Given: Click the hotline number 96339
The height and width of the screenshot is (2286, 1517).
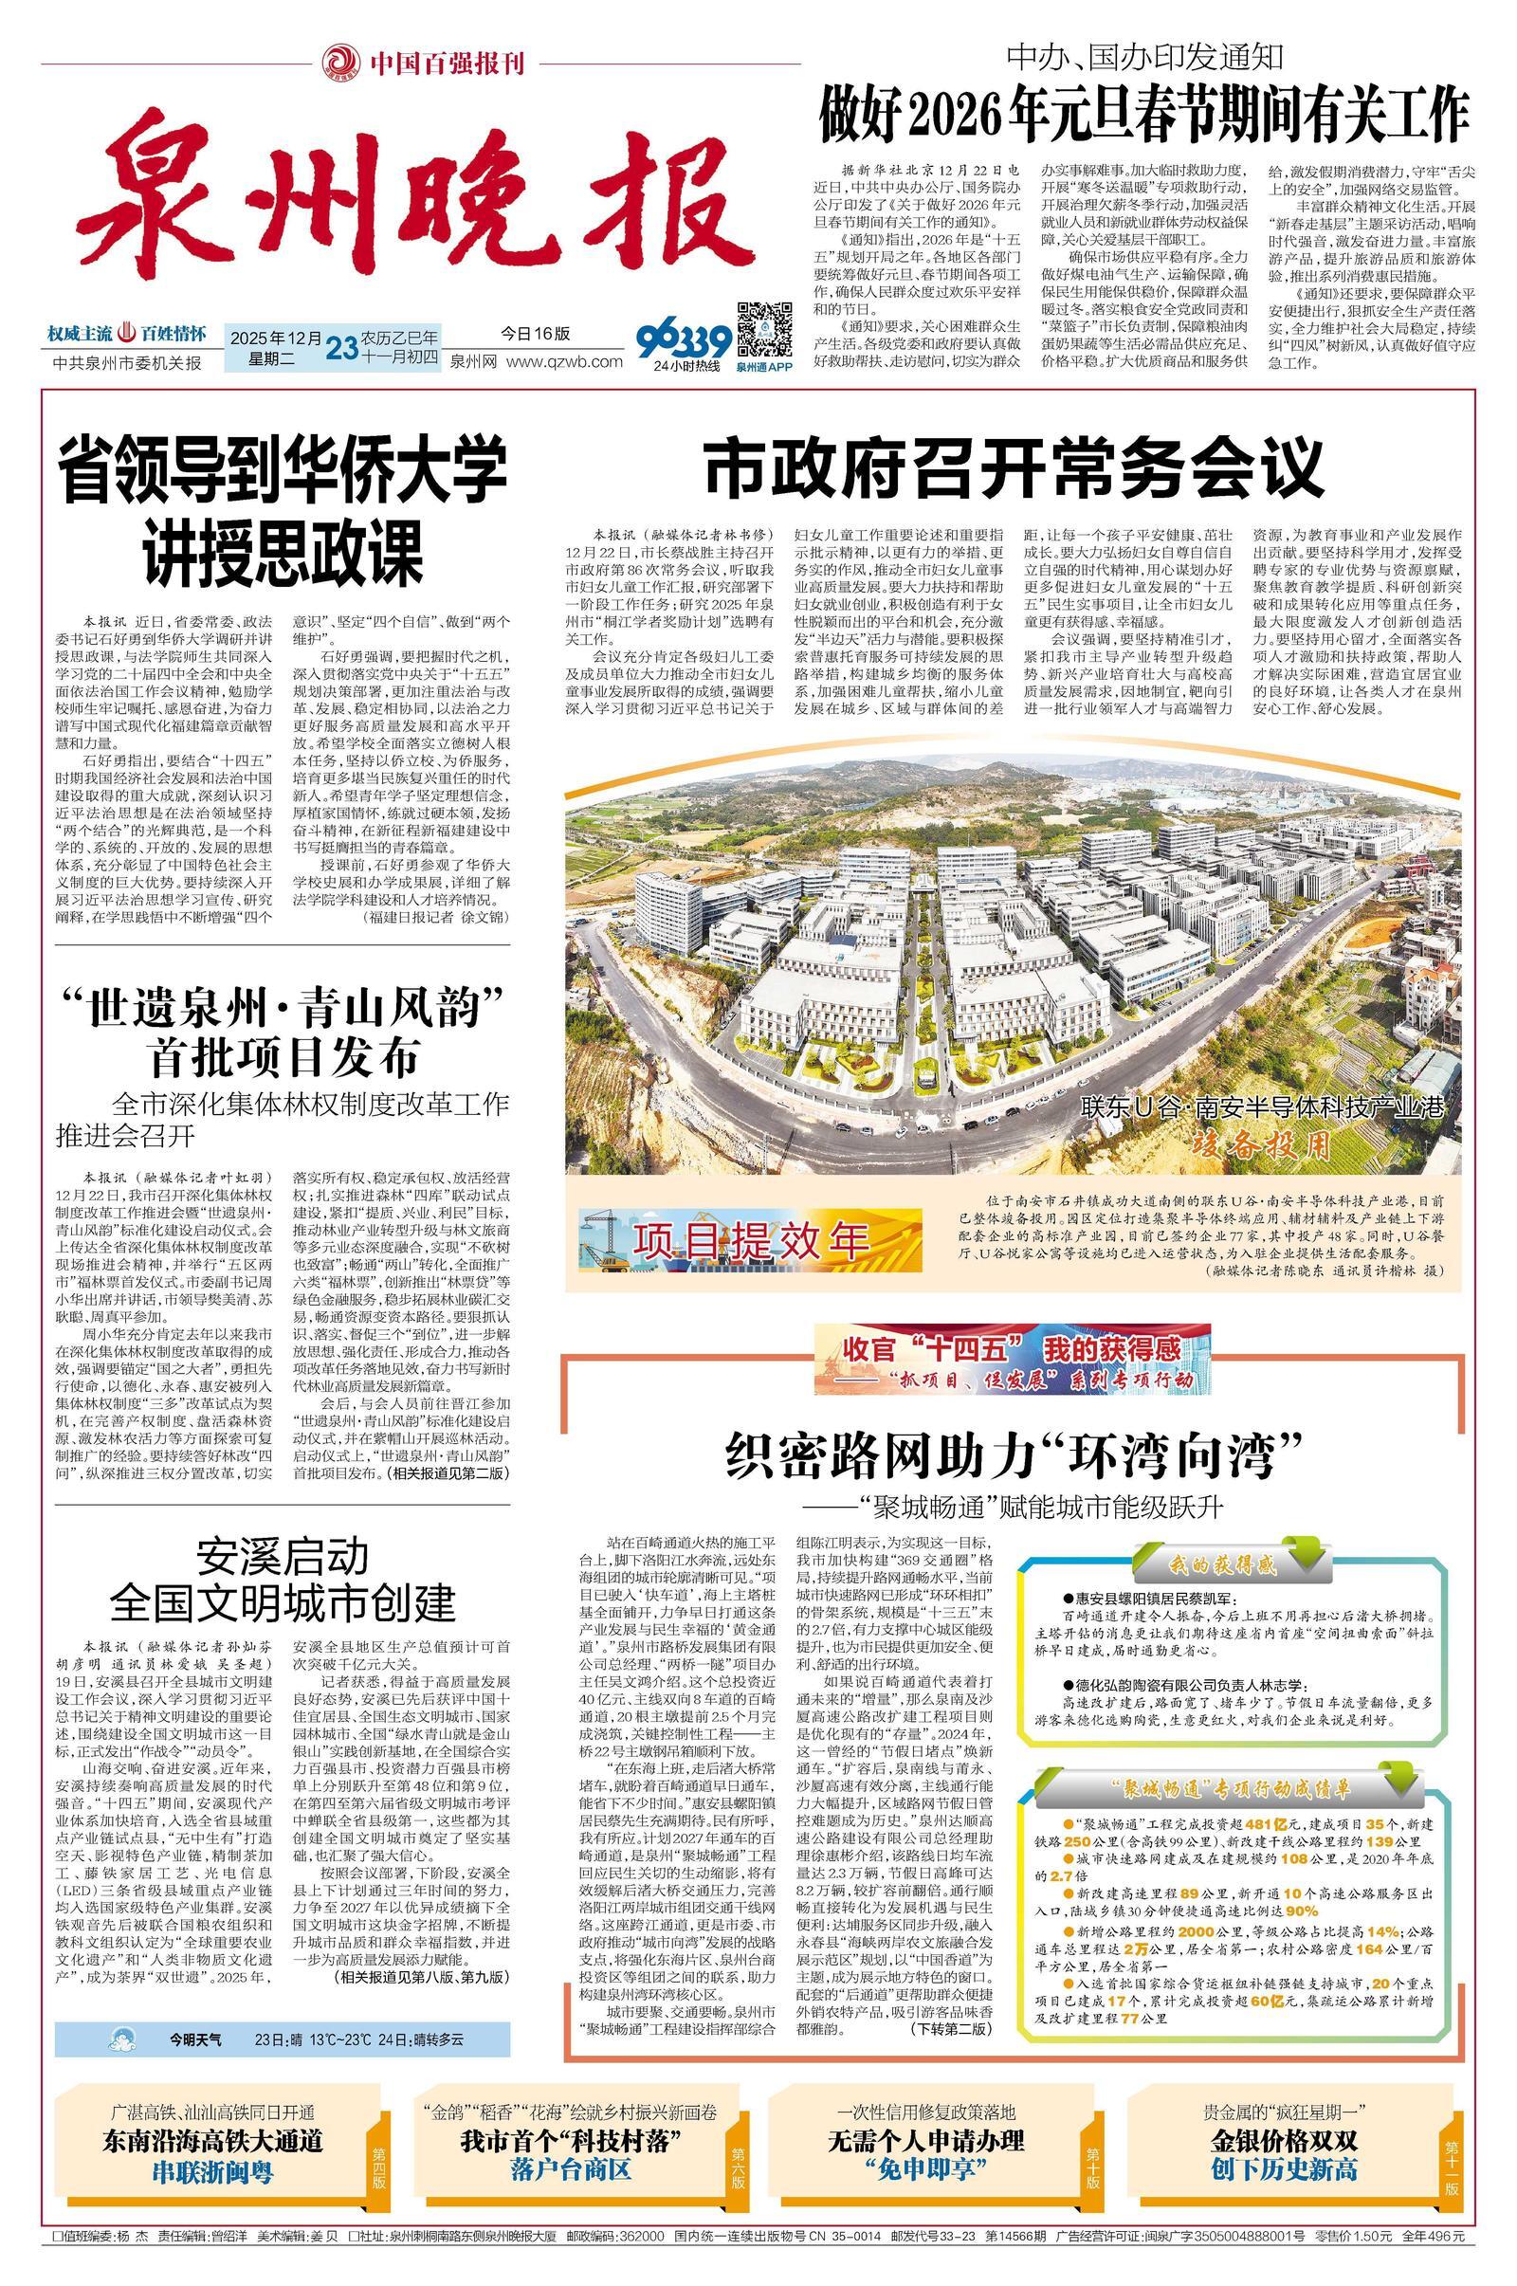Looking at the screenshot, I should click(684, 341).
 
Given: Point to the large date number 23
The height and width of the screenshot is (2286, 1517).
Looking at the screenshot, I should click(341, 347).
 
